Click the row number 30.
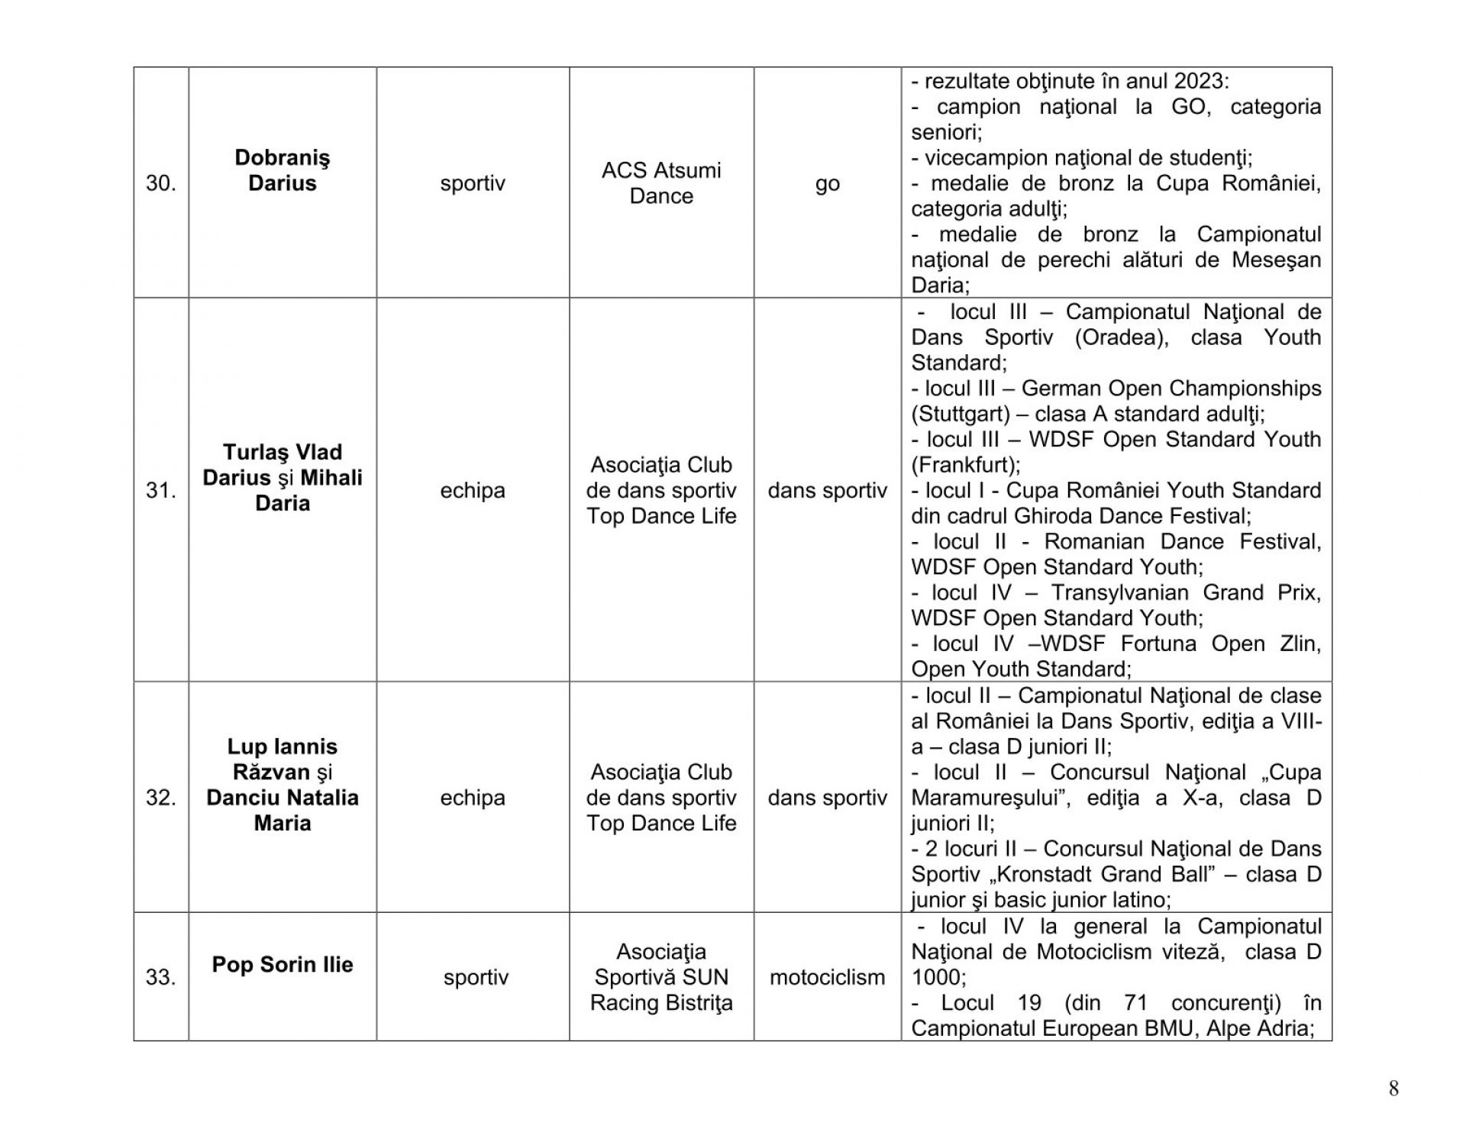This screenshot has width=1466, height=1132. coord(160,184)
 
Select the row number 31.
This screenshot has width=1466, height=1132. coord(160,491)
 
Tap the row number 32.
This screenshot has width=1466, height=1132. coord(160,798)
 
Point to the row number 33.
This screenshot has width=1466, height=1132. coord(160,978)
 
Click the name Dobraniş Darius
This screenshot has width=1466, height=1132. coord(282,171)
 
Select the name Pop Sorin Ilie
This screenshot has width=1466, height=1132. coord(282,965)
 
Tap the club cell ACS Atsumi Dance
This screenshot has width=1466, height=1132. coord(661,183)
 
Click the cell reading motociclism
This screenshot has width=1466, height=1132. coord(827,978)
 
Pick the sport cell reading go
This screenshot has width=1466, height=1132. coord(827,184)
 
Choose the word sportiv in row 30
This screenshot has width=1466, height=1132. coord(473,184)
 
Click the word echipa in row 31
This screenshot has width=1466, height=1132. coord(473,491)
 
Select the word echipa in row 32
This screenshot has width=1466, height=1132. coord(473,798)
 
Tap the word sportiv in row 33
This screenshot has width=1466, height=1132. coord(476,978)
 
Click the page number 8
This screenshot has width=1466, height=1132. coord(1393,1089)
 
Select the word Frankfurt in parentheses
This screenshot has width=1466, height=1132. coord(964,466)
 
